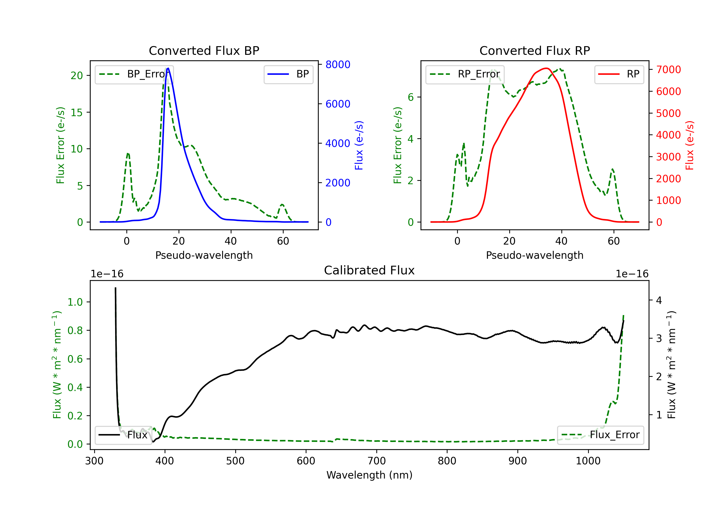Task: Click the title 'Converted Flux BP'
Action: tap(204, 50)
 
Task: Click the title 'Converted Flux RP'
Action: tap(535, 50)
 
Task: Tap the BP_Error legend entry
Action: tap(134, 74)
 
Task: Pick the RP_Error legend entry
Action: tap(465, 74)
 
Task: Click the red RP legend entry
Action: tap(619, 74)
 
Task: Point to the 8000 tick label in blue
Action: tap(338, 64)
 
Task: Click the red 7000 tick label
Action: tap(668, 69)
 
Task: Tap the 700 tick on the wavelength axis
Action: tap(376, 461)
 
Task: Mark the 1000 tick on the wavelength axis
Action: tap(588, 461)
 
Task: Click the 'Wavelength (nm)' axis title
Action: tap(369, 475)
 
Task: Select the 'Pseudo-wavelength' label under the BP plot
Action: tap(204, 255)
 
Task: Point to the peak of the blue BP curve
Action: tap(168, 68)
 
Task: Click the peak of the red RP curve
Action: tap(547, 68)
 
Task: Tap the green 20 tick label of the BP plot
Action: tap(77, 76)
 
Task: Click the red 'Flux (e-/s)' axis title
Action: tap(690, 145)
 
